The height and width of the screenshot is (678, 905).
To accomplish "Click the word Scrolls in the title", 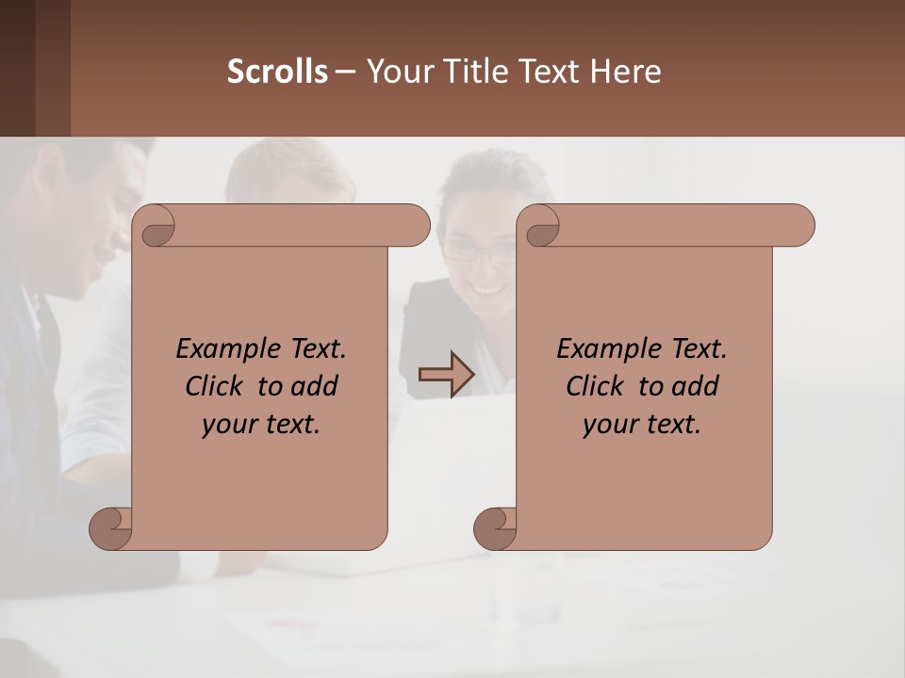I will [x=277, y=72].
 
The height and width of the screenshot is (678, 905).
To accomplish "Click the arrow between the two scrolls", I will [x=447, y=375].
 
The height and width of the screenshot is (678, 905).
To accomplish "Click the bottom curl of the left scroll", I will [x=110, y=527].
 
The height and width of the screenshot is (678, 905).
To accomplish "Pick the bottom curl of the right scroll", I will [x=494, y=527].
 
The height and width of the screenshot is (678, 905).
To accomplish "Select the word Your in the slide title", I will [x=397, y=72].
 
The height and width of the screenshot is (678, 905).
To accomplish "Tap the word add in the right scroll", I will [x=695, y=386].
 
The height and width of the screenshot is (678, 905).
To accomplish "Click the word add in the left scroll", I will [x=314, y=386].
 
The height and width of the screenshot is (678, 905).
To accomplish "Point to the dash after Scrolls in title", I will [x=345, y=72].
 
